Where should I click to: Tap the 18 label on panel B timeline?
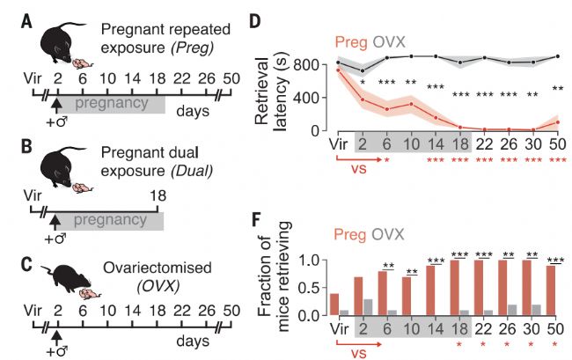coord(157,200)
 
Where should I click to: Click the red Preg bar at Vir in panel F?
coord(334,305)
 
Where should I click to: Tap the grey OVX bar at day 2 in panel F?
coord(370,306)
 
